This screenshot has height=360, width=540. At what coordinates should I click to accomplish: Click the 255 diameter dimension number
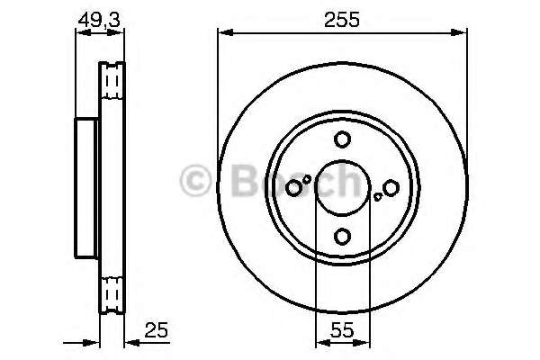(342, 19)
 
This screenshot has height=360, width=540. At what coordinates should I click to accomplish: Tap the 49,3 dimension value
(99, 20)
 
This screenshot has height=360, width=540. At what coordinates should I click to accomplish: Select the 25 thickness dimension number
(156, 330)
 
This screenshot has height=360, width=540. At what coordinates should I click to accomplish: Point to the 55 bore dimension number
(342, 330)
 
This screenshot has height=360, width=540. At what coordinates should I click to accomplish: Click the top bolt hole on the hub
(342, 139)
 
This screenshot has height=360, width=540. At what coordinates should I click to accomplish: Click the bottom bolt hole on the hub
(342, 237)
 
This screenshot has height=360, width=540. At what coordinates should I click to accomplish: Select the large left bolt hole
(293, 188)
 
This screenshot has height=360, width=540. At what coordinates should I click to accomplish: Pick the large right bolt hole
(391, 188)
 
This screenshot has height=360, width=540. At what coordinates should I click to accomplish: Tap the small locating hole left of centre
(307, 179)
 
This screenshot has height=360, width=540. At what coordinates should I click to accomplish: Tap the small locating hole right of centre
(378, 197)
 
